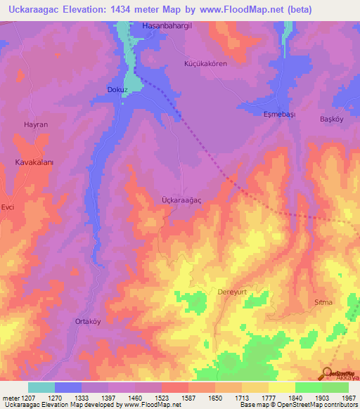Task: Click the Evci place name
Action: coord(8,207)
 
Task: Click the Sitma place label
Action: coord(323,302)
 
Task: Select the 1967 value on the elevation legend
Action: coord(348,397)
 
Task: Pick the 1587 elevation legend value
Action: coord(188,397)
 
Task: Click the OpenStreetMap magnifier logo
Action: coord(328,373)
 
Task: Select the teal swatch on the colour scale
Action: coord(41,387)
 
